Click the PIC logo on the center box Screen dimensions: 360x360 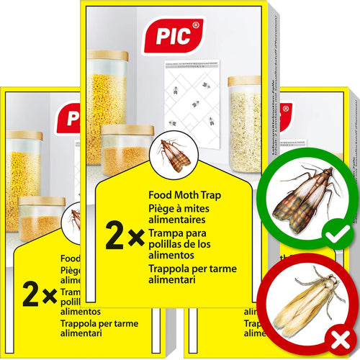tap(173, 35)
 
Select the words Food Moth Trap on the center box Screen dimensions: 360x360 tap(184, 194)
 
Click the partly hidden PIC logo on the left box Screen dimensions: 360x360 tap(69, 117)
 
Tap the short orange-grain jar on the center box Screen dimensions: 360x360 tap(126, 151)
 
